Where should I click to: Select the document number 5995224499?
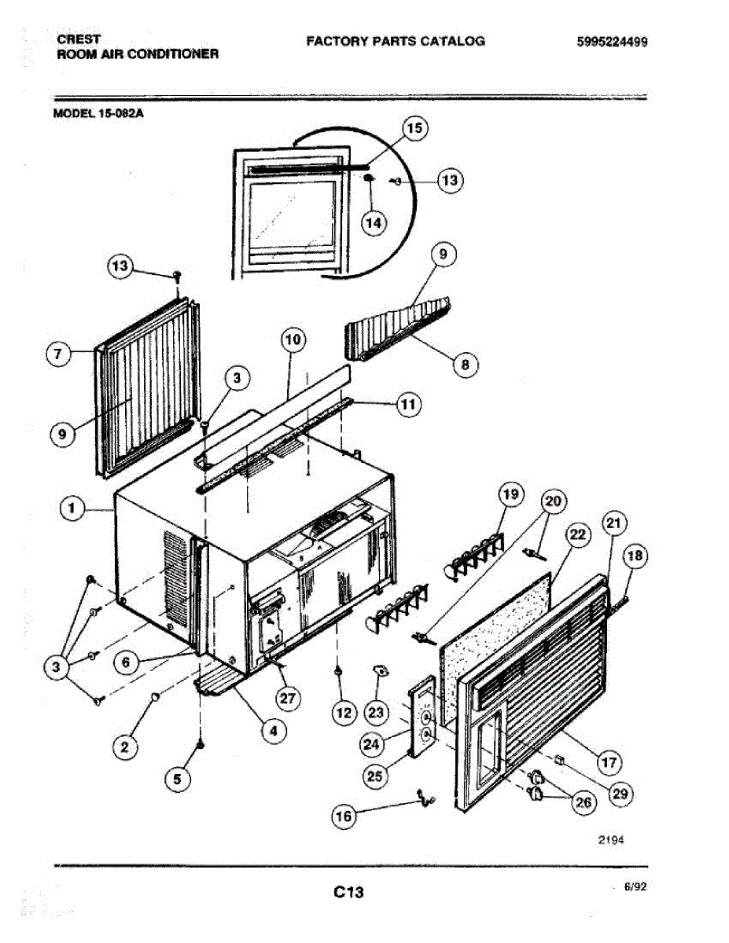[x=610, y=41]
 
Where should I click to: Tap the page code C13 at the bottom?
[x=348, y=892]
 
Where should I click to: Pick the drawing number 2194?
[x=609, y=839]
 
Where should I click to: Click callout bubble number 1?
[x=72, y=510]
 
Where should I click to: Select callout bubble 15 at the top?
[x=414, y=128]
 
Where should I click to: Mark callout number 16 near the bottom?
[x=344, y=816]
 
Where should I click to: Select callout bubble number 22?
[x=577, y=535]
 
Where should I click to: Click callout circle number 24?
[x=373, y=743]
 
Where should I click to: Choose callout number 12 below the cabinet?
[x=343, y=714]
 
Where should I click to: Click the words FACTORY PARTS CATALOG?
[x=395, y=41]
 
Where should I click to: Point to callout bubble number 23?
[x=377, y=713]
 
